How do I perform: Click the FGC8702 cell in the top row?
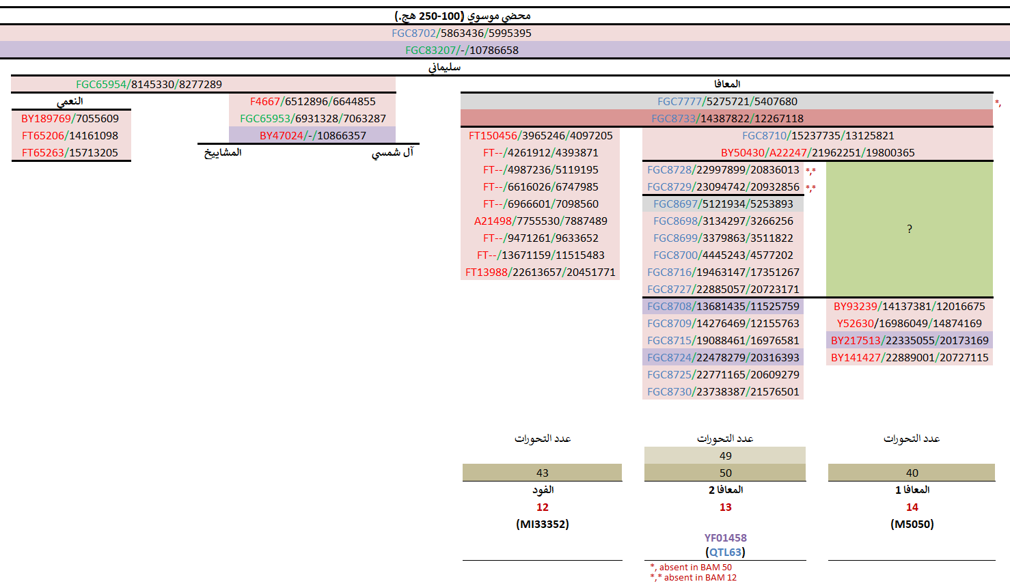pyautogui.click(x=461, y=33)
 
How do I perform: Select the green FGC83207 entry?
pyautogui.click(x=461, y=50)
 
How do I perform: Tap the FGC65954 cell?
pyautogui.click(x=149, y=84)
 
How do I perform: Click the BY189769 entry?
pyautogui.click(x=70, y=118)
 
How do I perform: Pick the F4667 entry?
pyautogui.click(x=312, y=101)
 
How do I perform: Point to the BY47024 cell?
pyautogui.click(x=312, y=135)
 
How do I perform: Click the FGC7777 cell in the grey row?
pyautogui.click(x=727, y=101)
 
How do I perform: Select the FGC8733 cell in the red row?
pyautogui.click(x=727, y=118)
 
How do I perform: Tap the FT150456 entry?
pyautogui.click(x=541, y=135)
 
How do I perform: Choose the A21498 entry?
pyautogui.click(x=541, y=221)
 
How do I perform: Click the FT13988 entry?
pyautogui.click(x=541, y=272)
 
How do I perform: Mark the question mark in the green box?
pyautogui.click(x=909, y=229)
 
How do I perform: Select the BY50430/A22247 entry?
pyautogui.click(x=817, y=152)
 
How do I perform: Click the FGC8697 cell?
pyautogui.click(x=723, y=204)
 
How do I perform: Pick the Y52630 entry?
pyautogui.click(x=909, y=323)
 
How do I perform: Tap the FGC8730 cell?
pyautogui.click(x=723, y=391)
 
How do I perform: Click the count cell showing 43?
pyautogui.click(x=542, y=473)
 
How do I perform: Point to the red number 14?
pyautogui.click(x=912, y=507)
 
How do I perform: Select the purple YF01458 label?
pyautogui.click(x=725, y=538)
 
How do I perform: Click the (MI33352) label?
pyautogui.click(x=542, y=524)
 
